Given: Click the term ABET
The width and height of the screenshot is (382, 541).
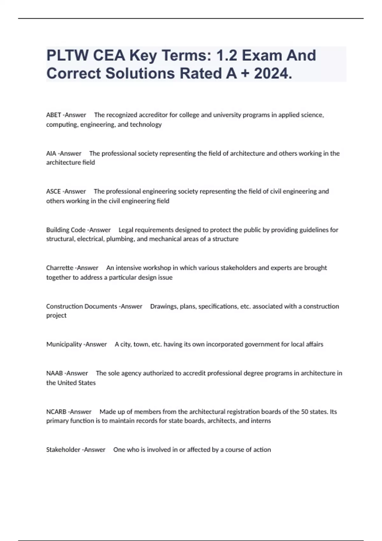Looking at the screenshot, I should tap(53, 115).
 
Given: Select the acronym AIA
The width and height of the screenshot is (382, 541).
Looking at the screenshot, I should tap(51, 153).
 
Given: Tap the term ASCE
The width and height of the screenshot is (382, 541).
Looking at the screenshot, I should tap(53, 191).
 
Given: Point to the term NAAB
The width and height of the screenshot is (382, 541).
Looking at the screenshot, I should tap(54, 373).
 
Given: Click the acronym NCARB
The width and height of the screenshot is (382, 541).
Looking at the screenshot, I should tap(56, 412).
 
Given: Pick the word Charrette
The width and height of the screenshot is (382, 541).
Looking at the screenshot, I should tap(60, 268).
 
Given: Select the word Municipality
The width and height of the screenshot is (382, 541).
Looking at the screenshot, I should tap(64, 344).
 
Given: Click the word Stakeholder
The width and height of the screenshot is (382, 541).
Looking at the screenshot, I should tap(63, 450).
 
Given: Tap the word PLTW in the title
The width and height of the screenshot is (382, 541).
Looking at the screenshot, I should tap(67, 55).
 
